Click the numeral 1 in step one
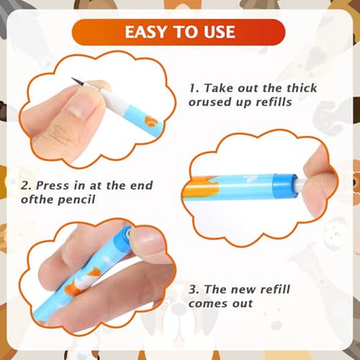point(193,87)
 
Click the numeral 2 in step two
point(24,185)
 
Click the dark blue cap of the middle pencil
point(284,186)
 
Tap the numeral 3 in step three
point(192,289)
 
